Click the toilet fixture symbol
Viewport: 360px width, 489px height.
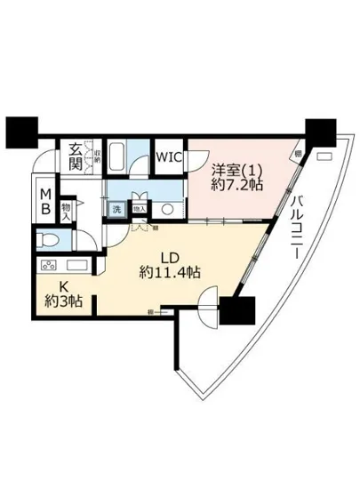click(x=49, y=239)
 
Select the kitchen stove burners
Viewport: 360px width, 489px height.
click(x=49, y=264)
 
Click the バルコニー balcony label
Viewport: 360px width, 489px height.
click(x=298, y=228)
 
